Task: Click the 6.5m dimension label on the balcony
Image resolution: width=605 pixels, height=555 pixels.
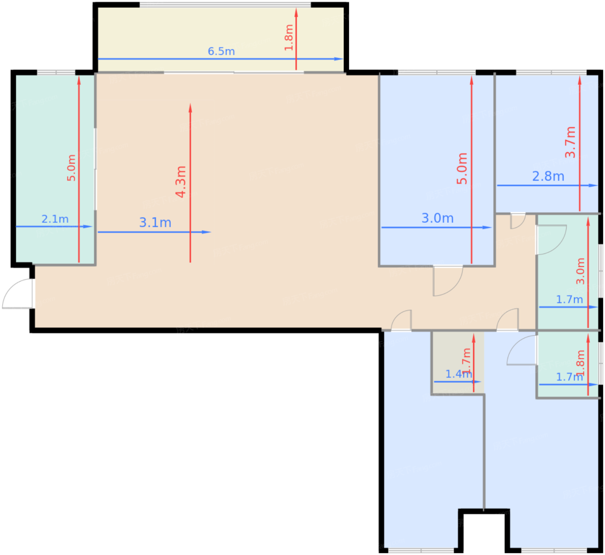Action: point(221,51)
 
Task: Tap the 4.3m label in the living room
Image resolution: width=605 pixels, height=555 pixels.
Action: point(181,181)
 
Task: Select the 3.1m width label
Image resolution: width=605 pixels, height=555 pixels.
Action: point(155,222)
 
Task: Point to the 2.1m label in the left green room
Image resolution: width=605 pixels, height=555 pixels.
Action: point(55,219)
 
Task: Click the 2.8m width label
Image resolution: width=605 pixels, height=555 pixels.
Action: point(548,176)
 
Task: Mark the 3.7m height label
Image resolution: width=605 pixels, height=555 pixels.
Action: point(570,142)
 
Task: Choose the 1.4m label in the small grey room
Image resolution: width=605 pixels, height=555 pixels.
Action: point(458,374)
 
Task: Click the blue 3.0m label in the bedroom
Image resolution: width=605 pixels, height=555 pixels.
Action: point(437,218)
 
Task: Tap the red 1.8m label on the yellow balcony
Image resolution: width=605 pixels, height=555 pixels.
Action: point(289,38)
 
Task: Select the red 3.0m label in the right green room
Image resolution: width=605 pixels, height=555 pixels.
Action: point(580,271)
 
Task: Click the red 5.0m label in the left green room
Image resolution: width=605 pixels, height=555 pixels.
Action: point(71,168)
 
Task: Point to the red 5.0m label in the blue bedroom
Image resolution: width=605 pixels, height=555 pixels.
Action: point(462,168)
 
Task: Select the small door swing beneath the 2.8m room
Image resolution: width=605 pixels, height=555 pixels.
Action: point(517,221)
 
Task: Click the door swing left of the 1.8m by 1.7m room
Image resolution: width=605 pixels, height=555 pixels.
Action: point(522,351)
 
